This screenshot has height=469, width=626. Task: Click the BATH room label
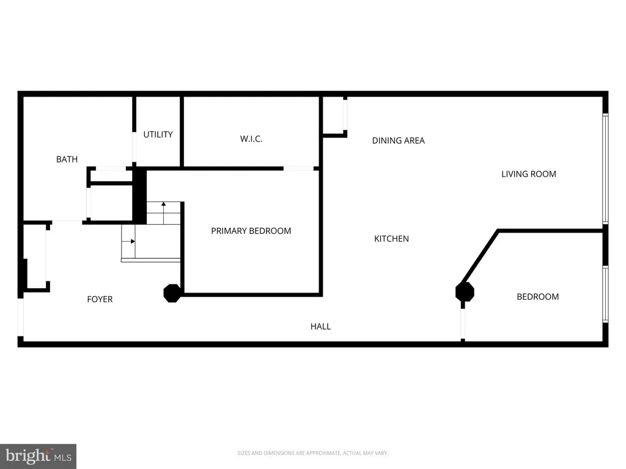[67, 159]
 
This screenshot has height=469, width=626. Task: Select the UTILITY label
[158, 134]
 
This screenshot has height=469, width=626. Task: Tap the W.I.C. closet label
[251, 139]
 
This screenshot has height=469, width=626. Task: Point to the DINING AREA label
[398, 140]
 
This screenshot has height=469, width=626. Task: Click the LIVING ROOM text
[528, 174]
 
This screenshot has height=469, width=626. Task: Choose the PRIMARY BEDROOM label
[251, 231]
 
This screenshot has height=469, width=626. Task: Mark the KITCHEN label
[391, 239]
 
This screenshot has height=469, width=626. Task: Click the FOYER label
[100, 299]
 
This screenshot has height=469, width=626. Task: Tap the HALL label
[320, 327]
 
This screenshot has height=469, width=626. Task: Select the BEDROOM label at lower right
[537, 297]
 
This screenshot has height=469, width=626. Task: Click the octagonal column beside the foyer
[172, 293]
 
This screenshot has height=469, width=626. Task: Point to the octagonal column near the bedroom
[465, 292]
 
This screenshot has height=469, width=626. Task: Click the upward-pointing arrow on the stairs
[163, 205]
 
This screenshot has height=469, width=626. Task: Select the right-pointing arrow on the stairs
[133, 241]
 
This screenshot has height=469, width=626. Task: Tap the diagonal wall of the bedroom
[481, 257]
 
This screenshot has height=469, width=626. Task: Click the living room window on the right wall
[605, 169]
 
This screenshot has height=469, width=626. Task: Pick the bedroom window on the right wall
[605, 293]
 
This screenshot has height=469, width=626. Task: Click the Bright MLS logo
[38, 456]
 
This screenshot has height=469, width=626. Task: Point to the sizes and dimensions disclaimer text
[312, 453]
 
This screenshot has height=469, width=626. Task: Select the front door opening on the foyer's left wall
[21, 318]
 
